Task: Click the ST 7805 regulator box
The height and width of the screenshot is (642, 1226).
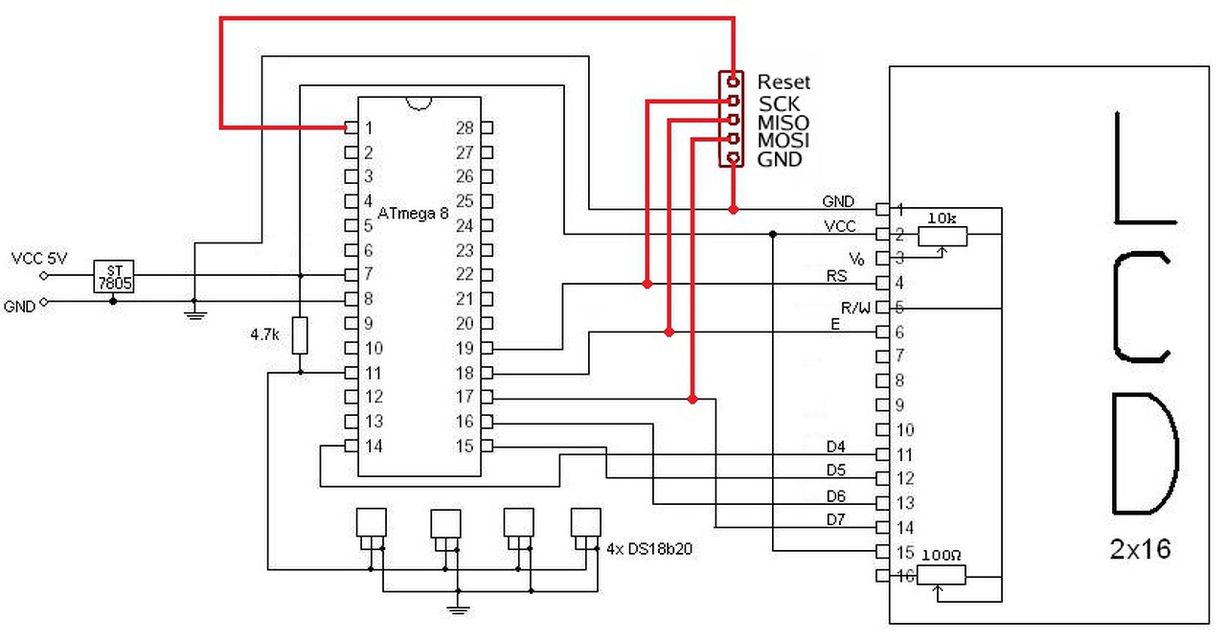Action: pyautogui.click(x=114, y=275)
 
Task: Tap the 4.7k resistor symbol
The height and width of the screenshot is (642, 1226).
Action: pyautogui.click(x=301, y=336)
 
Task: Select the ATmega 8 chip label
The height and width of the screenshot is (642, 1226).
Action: pyautogui.click(x=413, y=213)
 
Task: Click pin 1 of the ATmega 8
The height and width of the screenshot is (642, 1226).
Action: pyautogui.click(x=352, y=127)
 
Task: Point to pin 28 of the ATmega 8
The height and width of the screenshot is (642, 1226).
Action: pyautogui.click(x=487, y=127)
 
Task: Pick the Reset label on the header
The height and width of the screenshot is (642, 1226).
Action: pyautogui.click(x=783, y=82)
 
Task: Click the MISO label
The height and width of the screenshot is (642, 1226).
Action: pyautogui.click(x=783, y=123)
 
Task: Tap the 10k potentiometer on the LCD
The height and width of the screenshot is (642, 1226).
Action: pyautogui.click(x=942, y=235)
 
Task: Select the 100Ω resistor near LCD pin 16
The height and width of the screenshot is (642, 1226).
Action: pyautogui.click(x=942, y=574)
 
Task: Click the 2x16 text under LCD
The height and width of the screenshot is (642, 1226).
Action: pyautogui.click(x=1141, y=550)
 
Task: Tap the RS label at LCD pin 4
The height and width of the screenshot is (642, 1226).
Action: pyautogui.click(x=837, y=276)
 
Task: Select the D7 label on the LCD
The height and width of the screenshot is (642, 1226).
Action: pyautogui.click(x=836, y=520)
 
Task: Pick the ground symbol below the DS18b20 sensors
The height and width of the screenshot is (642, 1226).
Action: pyautogui.click(x=458, y=606)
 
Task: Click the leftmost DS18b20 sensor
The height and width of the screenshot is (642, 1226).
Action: pyautogui.click(x=371, y=523)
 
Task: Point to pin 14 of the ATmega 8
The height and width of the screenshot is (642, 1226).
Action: pyautogui.click(x=352, y=446)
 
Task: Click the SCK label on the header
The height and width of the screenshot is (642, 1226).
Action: pyautogui.click(x=779, y=103)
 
